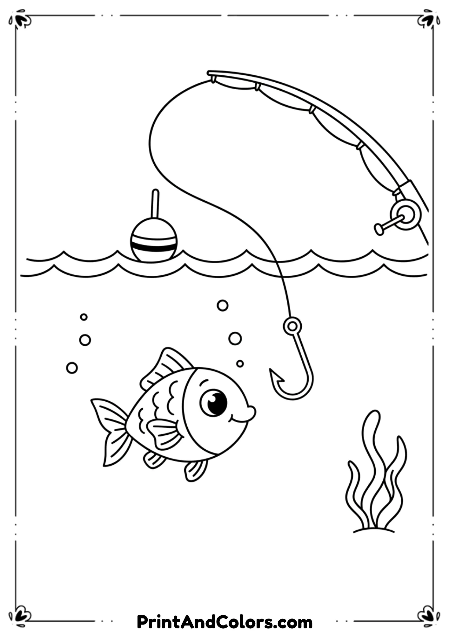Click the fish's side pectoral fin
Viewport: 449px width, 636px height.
point(164,432)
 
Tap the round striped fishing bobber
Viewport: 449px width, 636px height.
point(154,240)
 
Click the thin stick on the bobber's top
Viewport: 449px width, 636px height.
point(155,204)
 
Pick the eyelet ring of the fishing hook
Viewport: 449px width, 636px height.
point(292,326)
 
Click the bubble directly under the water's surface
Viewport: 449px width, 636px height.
point(223,305)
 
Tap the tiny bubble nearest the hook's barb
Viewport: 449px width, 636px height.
point(240,363)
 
